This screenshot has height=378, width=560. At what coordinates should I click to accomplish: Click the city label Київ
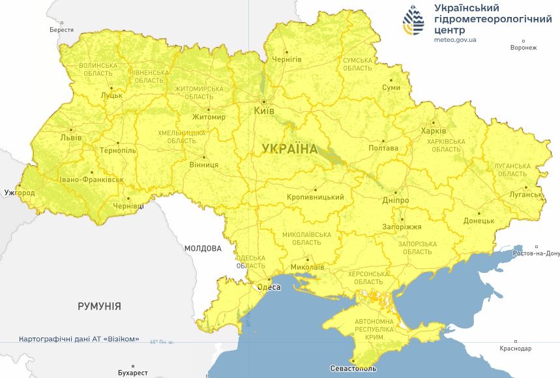pyautogui.click(x=264, y=111)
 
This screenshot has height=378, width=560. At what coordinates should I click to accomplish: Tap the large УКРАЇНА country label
pyautogui.click(x=289, y=149)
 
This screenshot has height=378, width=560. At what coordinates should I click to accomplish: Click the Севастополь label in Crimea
pyautogui.click(x=352, y=369)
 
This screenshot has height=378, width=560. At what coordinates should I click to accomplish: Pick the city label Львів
pyautogui.click(x=70, y=138)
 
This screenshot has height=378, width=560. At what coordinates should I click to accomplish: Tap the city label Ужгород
pyautogui.click(x=19, y=193)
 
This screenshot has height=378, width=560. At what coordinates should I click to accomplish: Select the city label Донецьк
pyautogui.click(x=479, y=221)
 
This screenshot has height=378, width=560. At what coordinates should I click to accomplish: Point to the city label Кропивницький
pyautogui.click(x=315, y=197)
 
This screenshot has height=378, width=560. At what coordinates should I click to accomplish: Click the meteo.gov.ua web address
pyautogui.click(x=455, y=40)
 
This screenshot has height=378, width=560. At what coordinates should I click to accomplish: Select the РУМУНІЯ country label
pyautogui.click(x=99, y=306)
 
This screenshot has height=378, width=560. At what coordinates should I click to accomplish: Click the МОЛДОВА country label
pyautogui.click(x=203, y=248)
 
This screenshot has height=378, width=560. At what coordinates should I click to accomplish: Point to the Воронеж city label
pyautogui.click(x=523, y=48)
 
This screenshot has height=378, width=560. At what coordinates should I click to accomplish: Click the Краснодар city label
pyautogui.click(x=515, y=349)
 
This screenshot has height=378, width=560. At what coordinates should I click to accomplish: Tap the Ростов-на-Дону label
pyautogui.click(x=536, y=253)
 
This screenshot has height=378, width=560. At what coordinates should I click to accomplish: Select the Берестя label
pyautogui.click(x=61, y=30)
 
